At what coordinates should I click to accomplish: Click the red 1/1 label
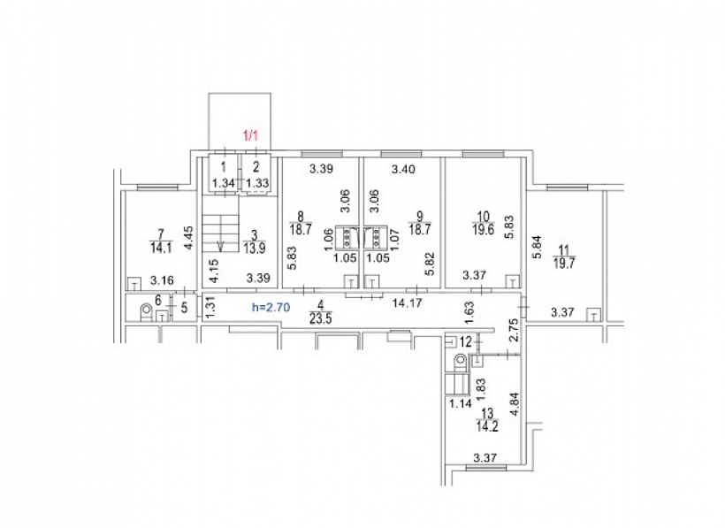(x=250, y=136)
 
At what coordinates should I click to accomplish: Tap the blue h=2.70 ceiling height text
(x=271, y=308)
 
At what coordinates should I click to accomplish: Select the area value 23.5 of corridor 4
(x=320, y=318)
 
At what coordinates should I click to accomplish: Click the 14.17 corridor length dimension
(x=407, y=303)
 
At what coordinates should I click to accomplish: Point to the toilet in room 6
(x=146, y=311)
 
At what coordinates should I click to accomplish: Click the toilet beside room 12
(x=460, y=362)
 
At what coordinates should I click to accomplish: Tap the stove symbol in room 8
(x=345, y=237)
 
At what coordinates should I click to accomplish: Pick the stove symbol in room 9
(x=375, y=237)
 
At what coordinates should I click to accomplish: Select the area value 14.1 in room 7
(x=161, y=248)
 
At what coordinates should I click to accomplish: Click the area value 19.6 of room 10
(x=483, y=229)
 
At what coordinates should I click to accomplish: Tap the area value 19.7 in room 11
(x=564, y=263)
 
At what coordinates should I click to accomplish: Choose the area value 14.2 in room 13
(x=487, y=425)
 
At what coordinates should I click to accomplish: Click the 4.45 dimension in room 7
(x=188, y=238)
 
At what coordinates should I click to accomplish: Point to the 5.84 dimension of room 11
(x=538, y=247)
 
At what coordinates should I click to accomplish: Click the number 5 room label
(x=184, y=307)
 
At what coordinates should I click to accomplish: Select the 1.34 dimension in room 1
(x=224, y=183)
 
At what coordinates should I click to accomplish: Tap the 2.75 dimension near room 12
(x=514, y=329)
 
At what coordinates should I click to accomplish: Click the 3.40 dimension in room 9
(x=403, y=169)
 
